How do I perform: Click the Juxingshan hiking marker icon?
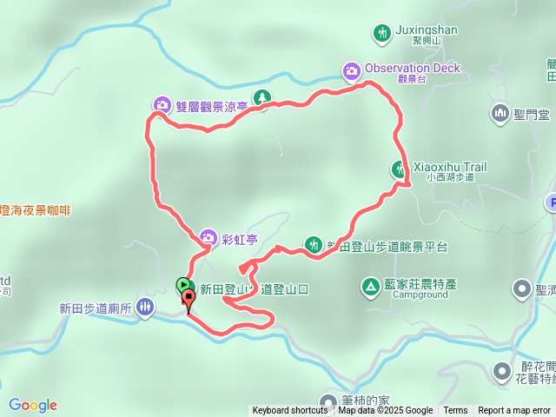(x=381, y=34)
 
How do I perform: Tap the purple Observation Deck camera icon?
(x=351, y=69)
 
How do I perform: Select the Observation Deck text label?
(x=413, y=69)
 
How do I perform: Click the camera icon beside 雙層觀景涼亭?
(x=162, y=106)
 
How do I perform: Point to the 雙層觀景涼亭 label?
(x=211, y=107)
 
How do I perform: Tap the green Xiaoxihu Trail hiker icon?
(x=400, y=169)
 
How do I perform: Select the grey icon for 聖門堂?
(x=500, y=113)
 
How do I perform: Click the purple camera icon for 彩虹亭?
(x=208, y=236)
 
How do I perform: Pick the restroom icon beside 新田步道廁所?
(x=144, y=307)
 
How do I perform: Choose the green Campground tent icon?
(x=369, y=285)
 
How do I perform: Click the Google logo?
(x=33, y=405)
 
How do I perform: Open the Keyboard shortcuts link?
(x=290, y=411)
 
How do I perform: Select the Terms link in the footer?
(x=455, y=411)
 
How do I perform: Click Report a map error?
(x=514, y=411)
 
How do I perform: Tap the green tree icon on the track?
(x=261, y=97)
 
